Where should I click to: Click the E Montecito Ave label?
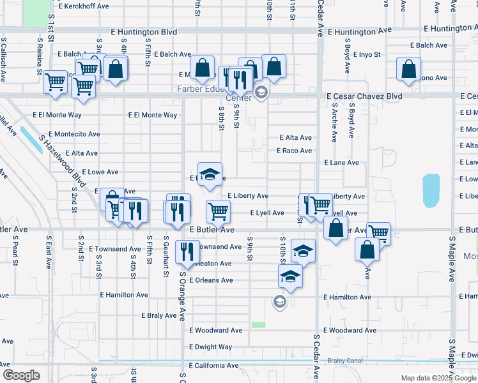(x=66, y=134)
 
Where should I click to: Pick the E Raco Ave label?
(x=294, y=151)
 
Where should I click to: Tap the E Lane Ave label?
(x=341, y=163)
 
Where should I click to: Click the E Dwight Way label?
(x=211, y=347)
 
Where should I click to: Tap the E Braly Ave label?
(x=158, y=315)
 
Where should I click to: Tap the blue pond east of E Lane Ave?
(x=431, y=190)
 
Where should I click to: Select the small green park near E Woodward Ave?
(x=258, y=325)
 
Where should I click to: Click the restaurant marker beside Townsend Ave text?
(x=187, y=251)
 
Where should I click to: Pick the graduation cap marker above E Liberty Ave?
(x=208, y=174)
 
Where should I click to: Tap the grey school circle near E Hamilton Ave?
(x=279, y=301)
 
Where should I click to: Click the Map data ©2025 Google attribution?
(x=438, y=378)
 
